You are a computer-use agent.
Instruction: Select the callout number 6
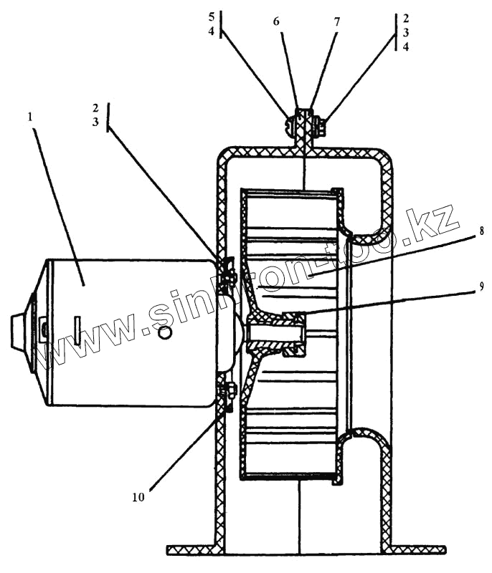[x=276, y=21]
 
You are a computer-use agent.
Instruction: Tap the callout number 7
[x=336, y=21]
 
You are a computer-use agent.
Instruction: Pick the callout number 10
[x=138, y=496]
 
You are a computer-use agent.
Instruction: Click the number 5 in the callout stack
[x=211, y=16]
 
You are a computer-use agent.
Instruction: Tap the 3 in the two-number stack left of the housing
[x=95, y=122]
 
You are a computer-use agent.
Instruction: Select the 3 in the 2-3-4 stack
[x=406, y=32]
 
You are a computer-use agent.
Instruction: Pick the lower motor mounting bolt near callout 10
[x=230, y=393]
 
